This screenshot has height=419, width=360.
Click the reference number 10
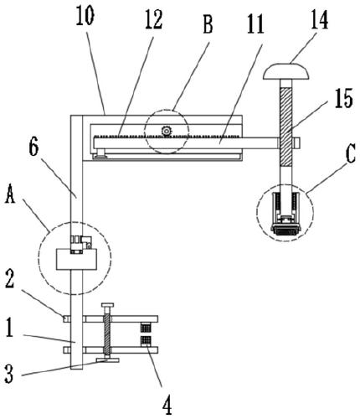point(85,15)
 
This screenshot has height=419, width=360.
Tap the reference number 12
point(153,19)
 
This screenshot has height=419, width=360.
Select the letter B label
point(208,24)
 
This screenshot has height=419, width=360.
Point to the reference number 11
point(255,23)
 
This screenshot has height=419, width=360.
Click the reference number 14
point(319,19)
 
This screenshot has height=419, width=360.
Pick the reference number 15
point(344,98)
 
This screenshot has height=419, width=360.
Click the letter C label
point(351,154)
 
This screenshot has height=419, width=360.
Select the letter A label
point(10,194)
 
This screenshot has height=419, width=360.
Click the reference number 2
point(10,280)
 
